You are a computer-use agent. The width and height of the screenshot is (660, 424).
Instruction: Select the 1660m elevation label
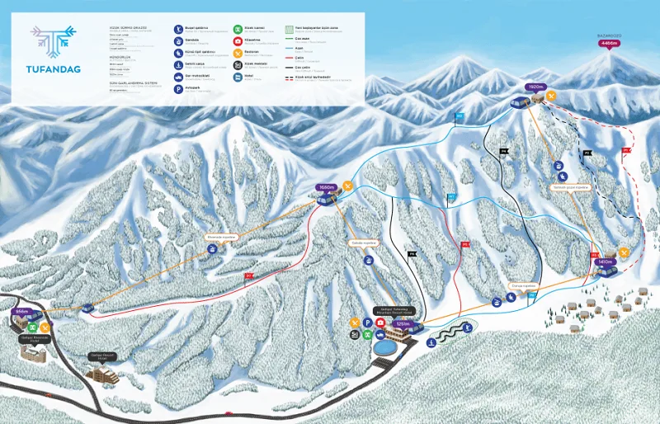click(x=327, y=188)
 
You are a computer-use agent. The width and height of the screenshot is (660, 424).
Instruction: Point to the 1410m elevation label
click(x=606, y=261)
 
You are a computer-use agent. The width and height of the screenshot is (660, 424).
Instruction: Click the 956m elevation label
click(x=21, y=313)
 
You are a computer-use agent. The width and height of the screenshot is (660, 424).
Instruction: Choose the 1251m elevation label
click(x=402, y=324)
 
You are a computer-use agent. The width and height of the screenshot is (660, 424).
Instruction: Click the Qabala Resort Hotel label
click(x=104, y=356)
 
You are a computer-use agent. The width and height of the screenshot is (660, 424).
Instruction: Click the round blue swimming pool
click(x=384, y=347)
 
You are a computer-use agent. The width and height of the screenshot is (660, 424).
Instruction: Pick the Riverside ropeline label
click(x=221, y=237)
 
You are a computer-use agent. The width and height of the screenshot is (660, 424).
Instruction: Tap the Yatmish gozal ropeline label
click(x=570, y=186)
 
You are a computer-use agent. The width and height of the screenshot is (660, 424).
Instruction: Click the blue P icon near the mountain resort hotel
click(x=367, y=323)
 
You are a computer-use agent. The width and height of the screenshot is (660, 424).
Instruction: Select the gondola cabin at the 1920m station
click(x=520, y=103)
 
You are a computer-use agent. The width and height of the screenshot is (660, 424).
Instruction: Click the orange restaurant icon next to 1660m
click(x=348, y=185)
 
